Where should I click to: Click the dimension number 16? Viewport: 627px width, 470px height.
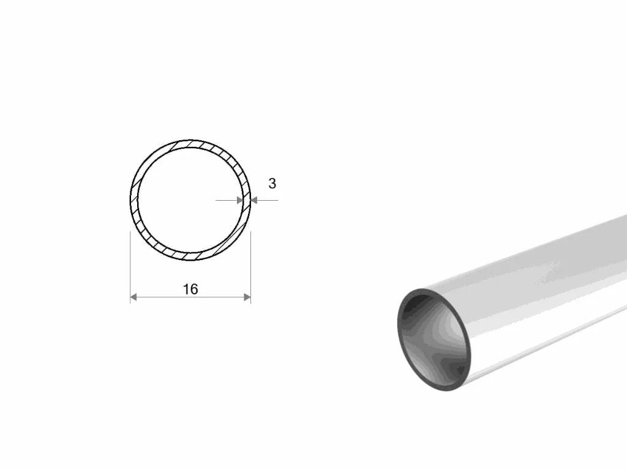point(190,289)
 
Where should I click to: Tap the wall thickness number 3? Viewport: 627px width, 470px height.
point(272,184)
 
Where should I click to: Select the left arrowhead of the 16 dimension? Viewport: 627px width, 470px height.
point(133,297)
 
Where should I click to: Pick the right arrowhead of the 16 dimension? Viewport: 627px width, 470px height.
point(247,297)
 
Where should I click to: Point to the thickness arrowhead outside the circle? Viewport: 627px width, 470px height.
point(254,200)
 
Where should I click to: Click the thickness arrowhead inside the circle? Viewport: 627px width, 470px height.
point(240,200)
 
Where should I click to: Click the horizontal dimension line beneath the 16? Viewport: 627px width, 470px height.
point(190,297)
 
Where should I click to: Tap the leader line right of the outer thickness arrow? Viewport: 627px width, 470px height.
point(268,200)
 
